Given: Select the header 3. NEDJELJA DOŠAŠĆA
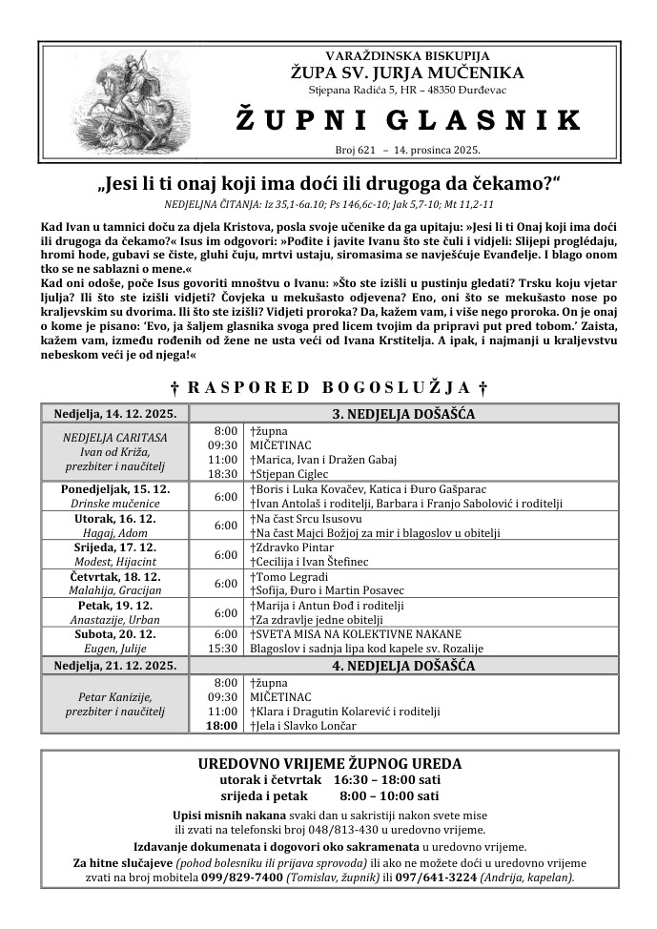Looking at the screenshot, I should [x=403, y=414].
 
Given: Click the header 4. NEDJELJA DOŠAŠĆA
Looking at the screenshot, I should [x=403, y=665].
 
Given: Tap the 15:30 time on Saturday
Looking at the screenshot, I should [x=224, y=649].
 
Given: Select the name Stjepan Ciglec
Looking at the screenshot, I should [x=289, y=473].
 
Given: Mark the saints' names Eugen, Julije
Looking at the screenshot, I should [x=115, y=650].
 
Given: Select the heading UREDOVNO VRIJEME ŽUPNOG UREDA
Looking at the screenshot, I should [x=329, y=763].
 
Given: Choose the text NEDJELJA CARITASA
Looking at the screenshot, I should [x=114, y=438].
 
